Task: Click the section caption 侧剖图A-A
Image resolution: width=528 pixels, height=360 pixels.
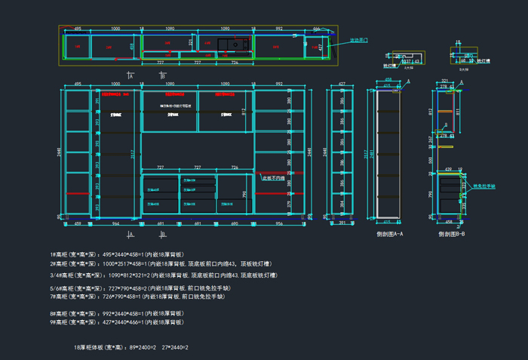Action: click(x=390, y=234)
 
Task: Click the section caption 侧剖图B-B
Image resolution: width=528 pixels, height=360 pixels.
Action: click(x=451, y=234)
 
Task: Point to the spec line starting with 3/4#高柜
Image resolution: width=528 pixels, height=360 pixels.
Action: click(x=151, y=275)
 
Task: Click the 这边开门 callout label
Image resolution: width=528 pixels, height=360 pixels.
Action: click(x=358, y=39)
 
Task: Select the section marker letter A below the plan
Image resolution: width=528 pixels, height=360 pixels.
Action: click(x=131, y=76)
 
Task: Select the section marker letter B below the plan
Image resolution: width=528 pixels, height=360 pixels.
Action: click(x=163, y=76)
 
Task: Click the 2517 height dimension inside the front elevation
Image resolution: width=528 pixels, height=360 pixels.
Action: click(x=134, y=155)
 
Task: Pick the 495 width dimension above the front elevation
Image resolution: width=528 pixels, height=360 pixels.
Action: click(x=78, y=85)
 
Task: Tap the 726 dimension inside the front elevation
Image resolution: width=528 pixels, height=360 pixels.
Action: click(x=235, y=167)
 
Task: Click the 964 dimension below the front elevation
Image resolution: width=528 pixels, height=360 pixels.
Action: click(x=115, y=224)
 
